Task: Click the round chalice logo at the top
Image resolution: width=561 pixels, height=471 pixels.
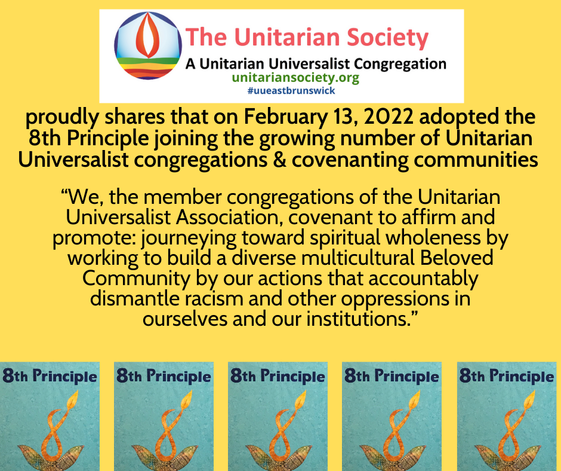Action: pos(148,45)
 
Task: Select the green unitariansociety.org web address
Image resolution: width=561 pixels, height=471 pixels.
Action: pos(295,78)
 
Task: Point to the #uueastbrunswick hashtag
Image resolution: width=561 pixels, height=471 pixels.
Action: pos(291,90)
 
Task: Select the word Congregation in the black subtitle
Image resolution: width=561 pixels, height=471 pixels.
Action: pos(400,65)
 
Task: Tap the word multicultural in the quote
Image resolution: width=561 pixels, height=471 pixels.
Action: pos(357,258)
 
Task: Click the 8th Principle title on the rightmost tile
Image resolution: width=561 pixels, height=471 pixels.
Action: pos(506,377)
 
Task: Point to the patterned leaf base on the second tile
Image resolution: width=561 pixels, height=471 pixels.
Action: pos(165,455)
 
